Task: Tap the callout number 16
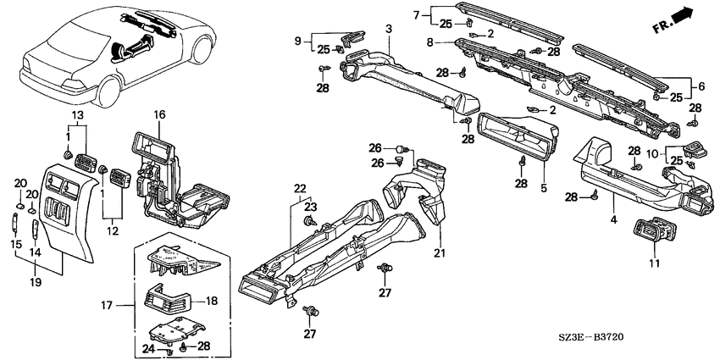click(159, 115)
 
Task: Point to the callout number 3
click(389, 29)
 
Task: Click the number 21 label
click(440, 252)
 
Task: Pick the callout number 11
click(654, 263)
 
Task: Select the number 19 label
click(36, 282)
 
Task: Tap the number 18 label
click(211, 302)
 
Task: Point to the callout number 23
click(311, 207)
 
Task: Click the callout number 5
click(544, 188)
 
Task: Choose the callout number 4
click(613, 219)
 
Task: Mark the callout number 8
click(429, 42)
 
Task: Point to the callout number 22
click(300, 189)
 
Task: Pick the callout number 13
click(78, 114)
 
